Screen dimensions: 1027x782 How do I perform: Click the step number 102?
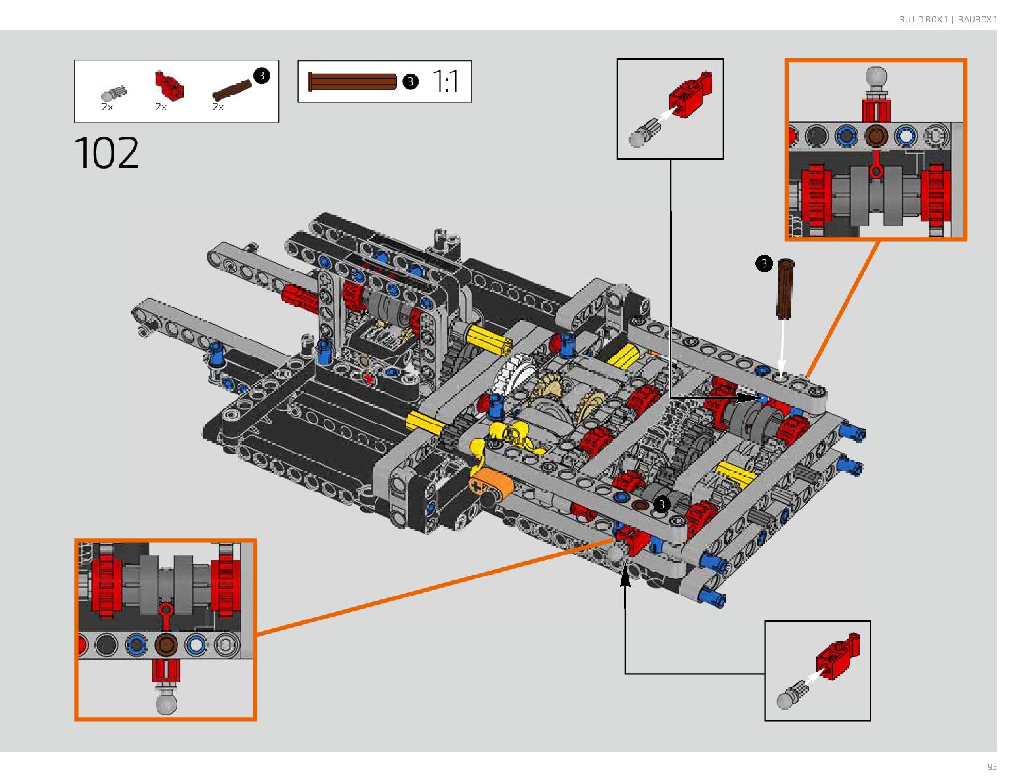pyautogui.click(x=107, y=152)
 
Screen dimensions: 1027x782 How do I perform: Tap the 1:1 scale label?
pyautogui.click(x=445, y=81)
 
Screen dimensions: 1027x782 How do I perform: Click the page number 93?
pyautogui.click(x=992, y=766)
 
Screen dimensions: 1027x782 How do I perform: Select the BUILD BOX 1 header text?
pyautogui.click(x=923, y=19)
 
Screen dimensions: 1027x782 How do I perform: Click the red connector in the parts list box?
pyautogui.click(x=169, y=85)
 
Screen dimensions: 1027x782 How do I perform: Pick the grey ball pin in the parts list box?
pyautogui.click(x=114, y=93)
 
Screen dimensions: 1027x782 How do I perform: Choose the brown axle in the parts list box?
pyautogui.click(x=232, y=90)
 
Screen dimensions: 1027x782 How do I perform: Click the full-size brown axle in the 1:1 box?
pyautogui.click(x=352, y=81)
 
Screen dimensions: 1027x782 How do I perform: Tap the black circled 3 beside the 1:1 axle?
pyautogui.click(x=410, y=81)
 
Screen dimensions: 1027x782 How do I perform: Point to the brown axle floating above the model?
pyautogui.click(x=785, y=289)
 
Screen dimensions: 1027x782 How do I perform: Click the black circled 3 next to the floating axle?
pyautogui.click(x=764, y=263)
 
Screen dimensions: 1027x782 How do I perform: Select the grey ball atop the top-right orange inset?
pyautogui.click(x=876, y=76)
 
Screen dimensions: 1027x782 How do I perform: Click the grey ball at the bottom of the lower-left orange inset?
pyautogui.click(x=166, y=703)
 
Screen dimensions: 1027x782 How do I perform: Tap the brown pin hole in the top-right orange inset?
pyautogui.click(x=876, y=136)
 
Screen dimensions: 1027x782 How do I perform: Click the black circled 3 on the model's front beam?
pyautogui.click(x=661, y=504)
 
